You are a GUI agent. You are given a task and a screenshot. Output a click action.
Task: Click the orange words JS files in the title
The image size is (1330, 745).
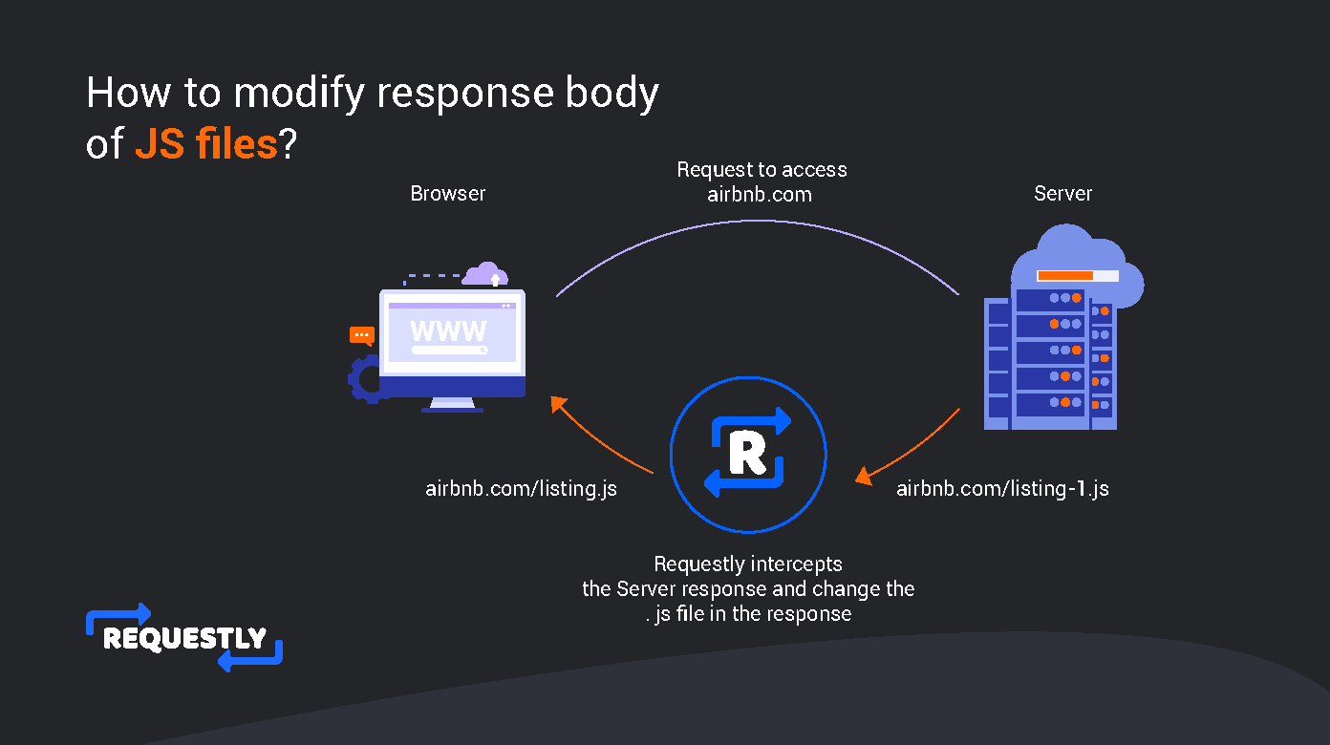point(206,143)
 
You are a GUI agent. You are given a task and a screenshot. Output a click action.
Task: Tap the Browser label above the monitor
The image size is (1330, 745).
point(448,194)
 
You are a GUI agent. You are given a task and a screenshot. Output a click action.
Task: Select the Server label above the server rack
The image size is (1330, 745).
point(1062,194)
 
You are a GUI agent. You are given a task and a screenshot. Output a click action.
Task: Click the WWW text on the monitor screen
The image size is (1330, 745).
point(448,331)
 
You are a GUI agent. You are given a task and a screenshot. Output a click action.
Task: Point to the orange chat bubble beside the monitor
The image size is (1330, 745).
point(361,336)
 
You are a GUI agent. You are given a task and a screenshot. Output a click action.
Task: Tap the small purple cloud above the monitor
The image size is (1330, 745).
point(485,274)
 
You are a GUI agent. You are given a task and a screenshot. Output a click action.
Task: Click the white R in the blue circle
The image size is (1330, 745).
point(747,454)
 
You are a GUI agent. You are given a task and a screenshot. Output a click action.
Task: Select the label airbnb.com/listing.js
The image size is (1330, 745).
point(521,489)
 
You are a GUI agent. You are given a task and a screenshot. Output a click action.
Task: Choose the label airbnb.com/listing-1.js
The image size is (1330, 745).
point(1002,489)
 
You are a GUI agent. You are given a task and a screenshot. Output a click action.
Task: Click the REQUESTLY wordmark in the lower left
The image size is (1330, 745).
point(184,639)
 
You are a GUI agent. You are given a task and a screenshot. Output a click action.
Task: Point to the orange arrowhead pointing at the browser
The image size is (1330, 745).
point(558,404)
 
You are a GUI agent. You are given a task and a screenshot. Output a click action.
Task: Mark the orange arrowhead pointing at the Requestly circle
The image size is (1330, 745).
point(864,476)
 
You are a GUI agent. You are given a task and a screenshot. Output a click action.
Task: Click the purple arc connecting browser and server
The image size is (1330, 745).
point(758,221)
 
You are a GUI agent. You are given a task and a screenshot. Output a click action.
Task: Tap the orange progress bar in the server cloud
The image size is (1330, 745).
point(1065,275)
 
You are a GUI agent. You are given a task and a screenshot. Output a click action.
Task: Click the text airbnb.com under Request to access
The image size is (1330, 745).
point(760,195)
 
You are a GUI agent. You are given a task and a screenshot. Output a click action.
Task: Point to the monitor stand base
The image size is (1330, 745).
point(453,409)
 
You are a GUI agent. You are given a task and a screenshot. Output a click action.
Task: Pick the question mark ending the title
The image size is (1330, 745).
point(288,143)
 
